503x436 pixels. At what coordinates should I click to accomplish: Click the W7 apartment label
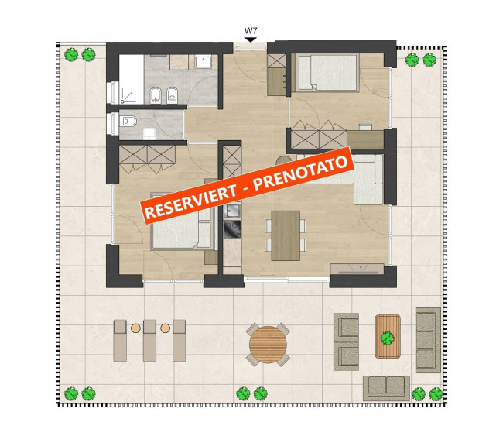click(x=250, y=32)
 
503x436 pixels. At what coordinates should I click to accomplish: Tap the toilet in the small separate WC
click(x=128, y=122)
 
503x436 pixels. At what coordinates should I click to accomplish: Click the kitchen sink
click(x=232, y=209)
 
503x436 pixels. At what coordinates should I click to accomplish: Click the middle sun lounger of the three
click(x=149, y=339)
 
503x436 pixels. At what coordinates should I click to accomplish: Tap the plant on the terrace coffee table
click(x=388, y=337)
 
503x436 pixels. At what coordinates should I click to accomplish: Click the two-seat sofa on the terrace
click(x=387, y=385)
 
